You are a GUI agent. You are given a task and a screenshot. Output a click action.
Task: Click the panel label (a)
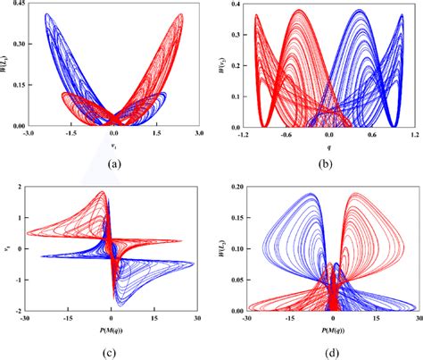click(x=113, y=163)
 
